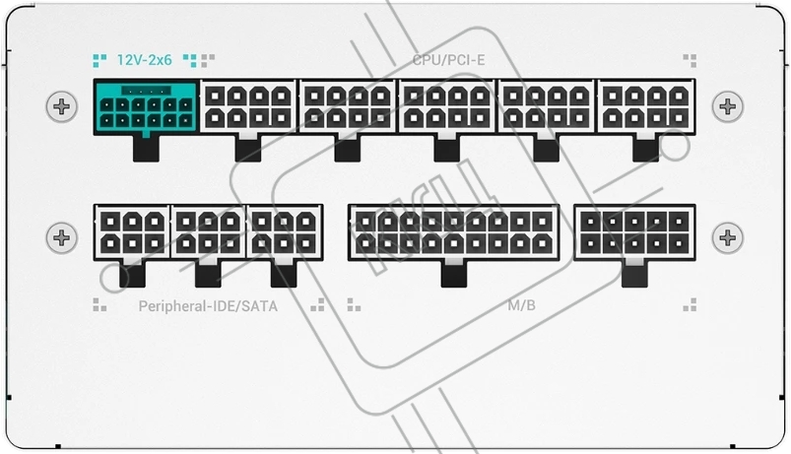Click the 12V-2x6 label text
click(145, 60)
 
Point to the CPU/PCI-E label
click(449, 60)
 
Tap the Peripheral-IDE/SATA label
click(208, 306)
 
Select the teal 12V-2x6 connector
click(146, 107)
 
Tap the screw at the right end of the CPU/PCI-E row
click(728, 106)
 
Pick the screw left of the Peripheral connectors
click(62, 237)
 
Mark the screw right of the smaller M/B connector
click(728, 237)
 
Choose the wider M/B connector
click(454, 232)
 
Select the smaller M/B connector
click(634, 232)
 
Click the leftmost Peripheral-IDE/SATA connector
click(132, 232)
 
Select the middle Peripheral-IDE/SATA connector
click(209, 232)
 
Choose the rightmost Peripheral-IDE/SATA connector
click(285, 232)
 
